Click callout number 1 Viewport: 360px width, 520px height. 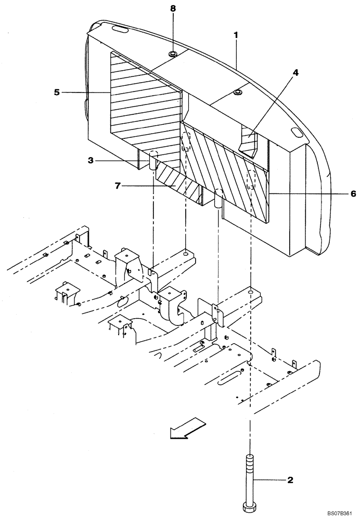point(236,35)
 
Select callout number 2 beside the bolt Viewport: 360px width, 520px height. point(290,479)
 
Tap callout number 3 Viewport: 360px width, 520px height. point(91,161)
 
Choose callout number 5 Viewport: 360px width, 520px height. point(57,92)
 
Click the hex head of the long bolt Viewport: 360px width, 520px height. point(250,506)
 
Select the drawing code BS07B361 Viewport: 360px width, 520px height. point(339,513)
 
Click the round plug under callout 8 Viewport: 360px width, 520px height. point(172,54)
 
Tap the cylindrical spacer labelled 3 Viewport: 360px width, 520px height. point(153,162)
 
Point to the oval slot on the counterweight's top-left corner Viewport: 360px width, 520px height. point(118,29)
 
